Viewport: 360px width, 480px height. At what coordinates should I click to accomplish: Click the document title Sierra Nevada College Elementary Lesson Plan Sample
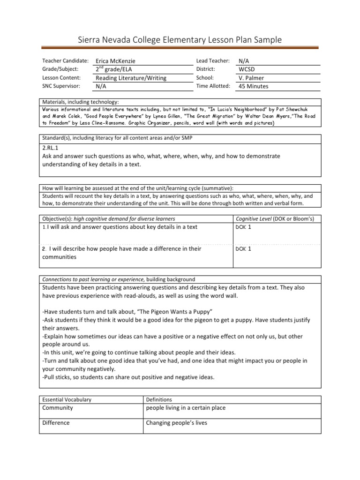click(180, 40)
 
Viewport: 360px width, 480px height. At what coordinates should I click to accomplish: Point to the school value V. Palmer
click(251, 78)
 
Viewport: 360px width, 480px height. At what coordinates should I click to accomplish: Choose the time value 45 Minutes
click(253, 86)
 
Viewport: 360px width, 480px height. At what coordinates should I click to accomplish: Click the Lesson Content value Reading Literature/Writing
click(131, 78)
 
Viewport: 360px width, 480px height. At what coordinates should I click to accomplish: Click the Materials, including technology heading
click(81, 102)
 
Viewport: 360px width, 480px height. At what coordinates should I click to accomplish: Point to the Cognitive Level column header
click(275, 219)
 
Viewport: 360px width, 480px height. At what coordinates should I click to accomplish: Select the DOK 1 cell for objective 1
click(244, 227)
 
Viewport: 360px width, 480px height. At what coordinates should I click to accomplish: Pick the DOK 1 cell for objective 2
click(244, 249)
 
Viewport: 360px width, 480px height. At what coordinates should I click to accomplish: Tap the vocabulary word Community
click(58, 408)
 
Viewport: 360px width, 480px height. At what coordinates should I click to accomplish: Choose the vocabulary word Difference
click(56, 423)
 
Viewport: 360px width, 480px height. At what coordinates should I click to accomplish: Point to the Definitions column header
click(159, 399)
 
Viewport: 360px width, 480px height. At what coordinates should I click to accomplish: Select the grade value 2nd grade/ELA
click(114, 69)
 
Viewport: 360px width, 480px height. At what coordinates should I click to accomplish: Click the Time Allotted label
click(213, 86)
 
